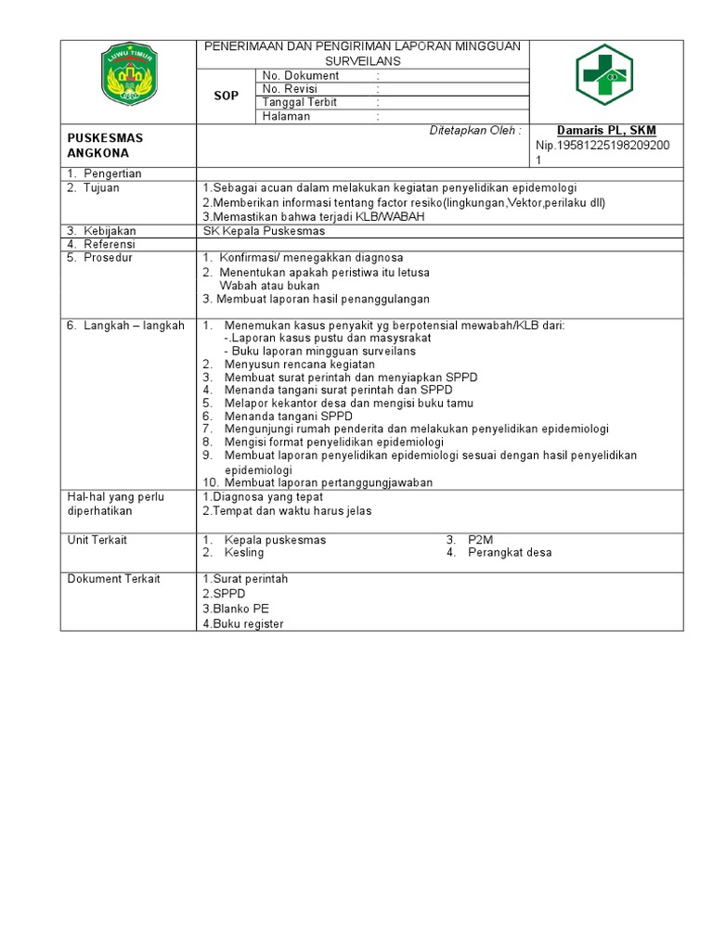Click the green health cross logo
click(603, 75)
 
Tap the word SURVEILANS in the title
click(363, 60)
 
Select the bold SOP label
click(227, 96)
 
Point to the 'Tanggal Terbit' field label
click(300, 102)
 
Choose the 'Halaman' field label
click(287, 117)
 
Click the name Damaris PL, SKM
click(606, 131)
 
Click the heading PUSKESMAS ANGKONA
click(106, 145)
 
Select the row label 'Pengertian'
click(112, 174)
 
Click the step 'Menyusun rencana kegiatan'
click(292, 365)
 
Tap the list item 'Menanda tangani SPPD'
click(283, 417)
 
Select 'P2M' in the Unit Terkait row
click(480, 540)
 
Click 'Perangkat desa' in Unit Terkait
click(510, 553)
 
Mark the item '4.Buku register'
click(243, 623)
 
